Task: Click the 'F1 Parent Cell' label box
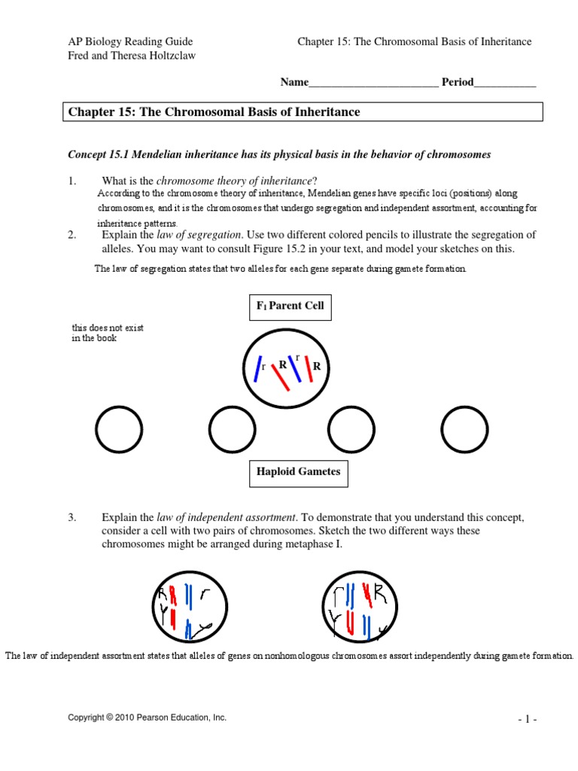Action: point(290,306)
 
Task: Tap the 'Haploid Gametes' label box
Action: point(298,473)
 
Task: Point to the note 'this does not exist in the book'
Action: point(108,333)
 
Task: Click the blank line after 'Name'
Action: point(374,83)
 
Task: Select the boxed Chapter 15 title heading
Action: point(305,112)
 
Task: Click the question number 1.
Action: point(72,181)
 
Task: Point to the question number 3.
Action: point(72,517)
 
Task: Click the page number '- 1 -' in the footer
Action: point(527,719)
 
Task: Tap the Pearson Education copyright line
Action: point(147,718)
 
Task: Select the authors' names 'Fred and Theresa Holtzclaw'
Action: point(132,56)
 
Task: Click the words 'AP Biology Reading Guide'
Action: point(130,41)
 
